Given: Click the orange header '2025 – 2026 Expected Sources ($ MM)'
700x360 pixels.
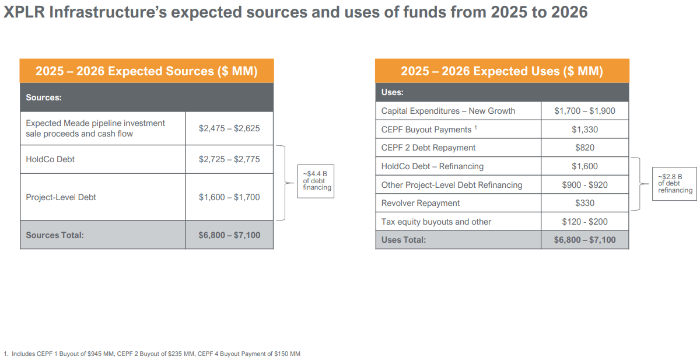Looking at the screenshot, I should click(146, 71).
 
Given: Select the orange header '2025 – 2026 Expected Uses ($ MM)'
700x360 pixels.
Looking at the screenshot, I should click(502, 71).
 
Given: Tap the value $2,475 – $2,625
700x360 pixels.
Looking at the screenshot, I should click(229, 128).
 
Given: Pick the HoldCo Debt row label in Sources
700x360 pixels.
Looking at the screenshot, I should click(50, 159).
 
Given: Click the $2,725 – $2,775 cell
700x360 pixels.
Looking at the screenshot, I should click(229, 159).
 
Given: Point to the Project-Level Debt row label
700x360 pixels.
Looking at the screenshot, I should click(61, 197).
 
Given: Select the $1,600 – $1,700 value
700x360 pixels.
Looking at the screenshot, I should click(229, 197).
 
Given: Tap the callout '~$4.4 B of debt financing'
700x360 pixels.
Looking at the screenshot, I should click(316, 181).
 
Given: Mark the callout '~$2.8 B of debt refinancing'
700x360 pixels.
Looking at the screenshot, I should click(674, 184).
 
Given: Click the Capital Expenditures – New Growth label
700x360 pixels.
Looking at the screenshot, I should click(448, 111).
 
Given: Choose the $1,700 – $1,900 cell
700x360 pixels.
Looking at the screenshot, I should click(584, 111).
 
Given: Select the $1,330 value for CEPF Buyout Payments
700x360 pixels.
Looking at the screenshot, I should click(584, 130).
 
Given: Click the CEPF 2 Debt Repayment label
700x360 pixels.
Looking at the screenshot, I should click(428, 148).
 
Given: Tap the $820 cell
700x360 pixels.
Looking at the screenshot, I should click(584, 148).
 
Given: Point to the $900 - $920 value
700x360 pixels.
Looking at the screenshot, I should click(584, 185).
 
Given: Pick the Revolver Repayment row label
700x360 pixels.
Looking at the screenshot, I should click(420, 203).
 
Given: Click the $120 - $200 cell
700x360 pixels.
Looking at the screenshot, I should click(584, 222).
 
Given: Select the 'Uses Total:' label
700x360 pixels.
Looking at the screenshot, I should click(403, 240).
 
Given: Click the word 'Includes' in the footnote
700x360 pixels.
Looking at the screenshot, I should click(23, 354).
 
